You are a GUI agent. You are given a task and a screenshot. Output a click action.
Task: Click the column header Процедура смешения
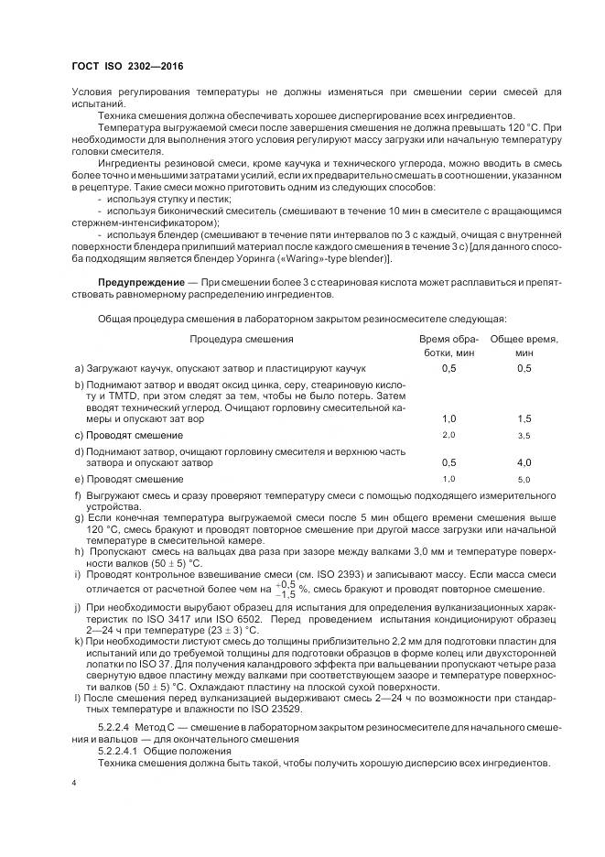click(x=242, y=338)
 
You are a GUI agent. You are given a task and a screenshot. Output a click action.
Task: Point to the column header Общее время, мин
click(x=524, y=344)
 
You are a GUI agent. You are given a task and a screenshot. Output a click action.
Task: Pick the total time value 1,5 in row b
click(x=524, y=418)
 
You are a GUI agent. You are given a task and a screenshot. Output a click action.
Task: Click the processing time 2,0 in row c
click(x=448, y=433)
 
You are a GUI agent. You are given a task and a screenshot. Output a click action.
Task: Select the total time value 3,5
click(x=524, y=434)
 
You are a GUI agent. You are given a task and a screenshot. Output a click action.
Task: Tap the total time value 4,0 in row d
click(x=524, y=463)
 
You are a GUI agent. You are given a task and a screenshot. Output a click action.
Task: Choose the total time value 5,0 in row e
click(x=524, y=480)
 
